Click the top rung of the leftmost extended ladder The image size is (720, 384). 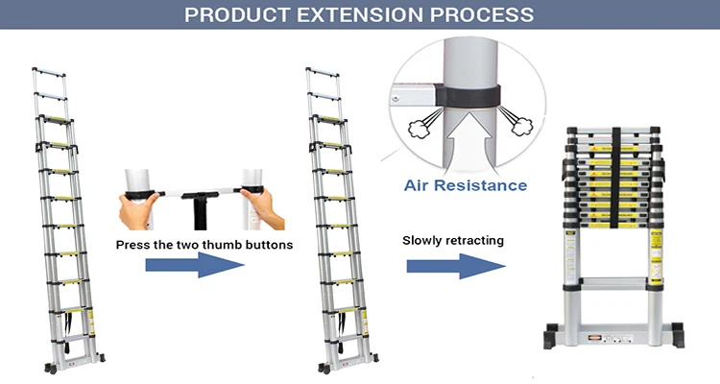point(49,70)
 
